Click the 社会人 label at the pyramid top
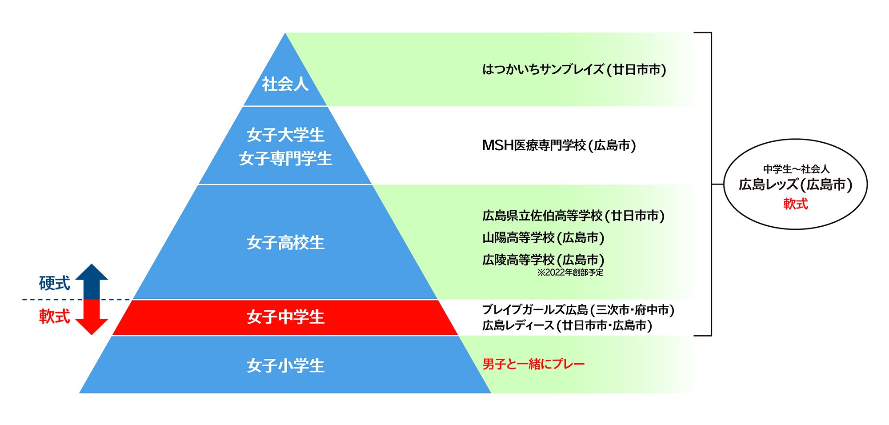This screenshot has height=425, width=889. tap(285, 84)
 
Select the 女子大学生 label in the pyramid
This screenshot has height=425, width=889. tap(285, 135)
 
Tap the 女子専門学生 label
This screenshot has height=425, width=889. tap(285, 158)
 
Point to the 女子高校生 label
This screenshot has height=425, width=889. tap(285, 243)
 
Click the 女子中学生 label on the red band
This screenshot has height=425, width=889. tap(285, 317)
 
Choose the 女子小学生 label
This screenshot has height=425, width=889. tap(285, 365)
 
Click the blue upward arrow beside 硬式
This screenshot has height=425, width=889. tap(92, 281)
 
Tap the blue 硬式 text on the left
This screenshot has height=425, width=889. tap(54, 283)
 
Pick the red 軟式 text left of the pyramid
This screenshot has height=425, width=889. tap(54, 316)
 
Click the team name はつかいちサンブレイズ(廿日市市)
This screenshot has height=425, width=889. tap(574, 70)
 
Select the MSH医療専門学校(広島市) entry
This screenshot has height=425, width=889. tap(559, 145)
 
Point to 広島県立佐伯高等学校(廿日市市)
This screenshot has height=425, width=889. tap(573, 216)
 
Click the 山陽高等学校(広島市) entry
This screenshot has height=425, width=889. tap(543, 238)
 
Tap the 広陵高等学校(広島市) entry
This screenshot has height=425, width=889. tap(543, 260)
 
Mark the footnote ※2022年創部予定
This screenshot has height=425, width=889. tap(570, 273)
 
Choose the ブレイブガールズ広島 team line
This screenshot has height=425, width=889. tap(578, 310)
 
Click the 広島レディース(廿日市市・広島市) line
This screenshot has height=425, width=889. tap(567, 325)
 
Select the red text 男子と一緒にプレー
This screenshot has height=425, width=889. tap(533, 364)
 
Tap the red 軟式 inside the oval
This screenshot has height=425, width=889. tap(796, 204)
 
